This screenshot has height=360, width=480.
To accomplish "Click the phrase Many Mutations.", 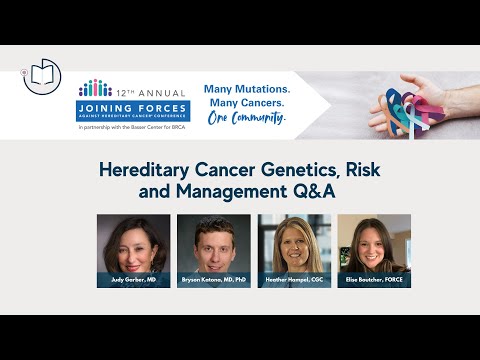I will tap(245, 88).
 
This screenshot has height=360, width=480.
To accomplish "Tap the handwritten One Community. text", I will tap(245, 117).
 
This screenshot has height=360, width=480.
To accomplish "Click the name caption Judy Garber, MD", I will tap(134, 280).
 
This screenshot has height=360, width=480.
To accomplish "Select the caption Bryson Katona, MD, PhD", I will tap(214, 280).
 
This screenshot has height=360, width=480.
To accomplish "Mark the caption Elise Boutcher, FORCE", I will tap(374, 280).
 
